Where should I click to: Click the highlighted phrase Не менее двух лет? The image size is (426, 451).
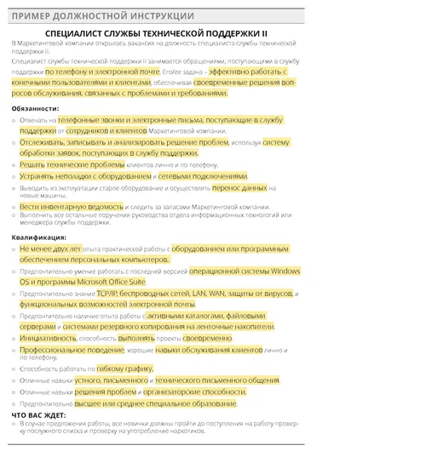click(x=49, y=248)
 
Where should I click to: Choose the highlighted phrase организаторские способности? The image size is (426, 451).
click(x=190, y=391)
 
